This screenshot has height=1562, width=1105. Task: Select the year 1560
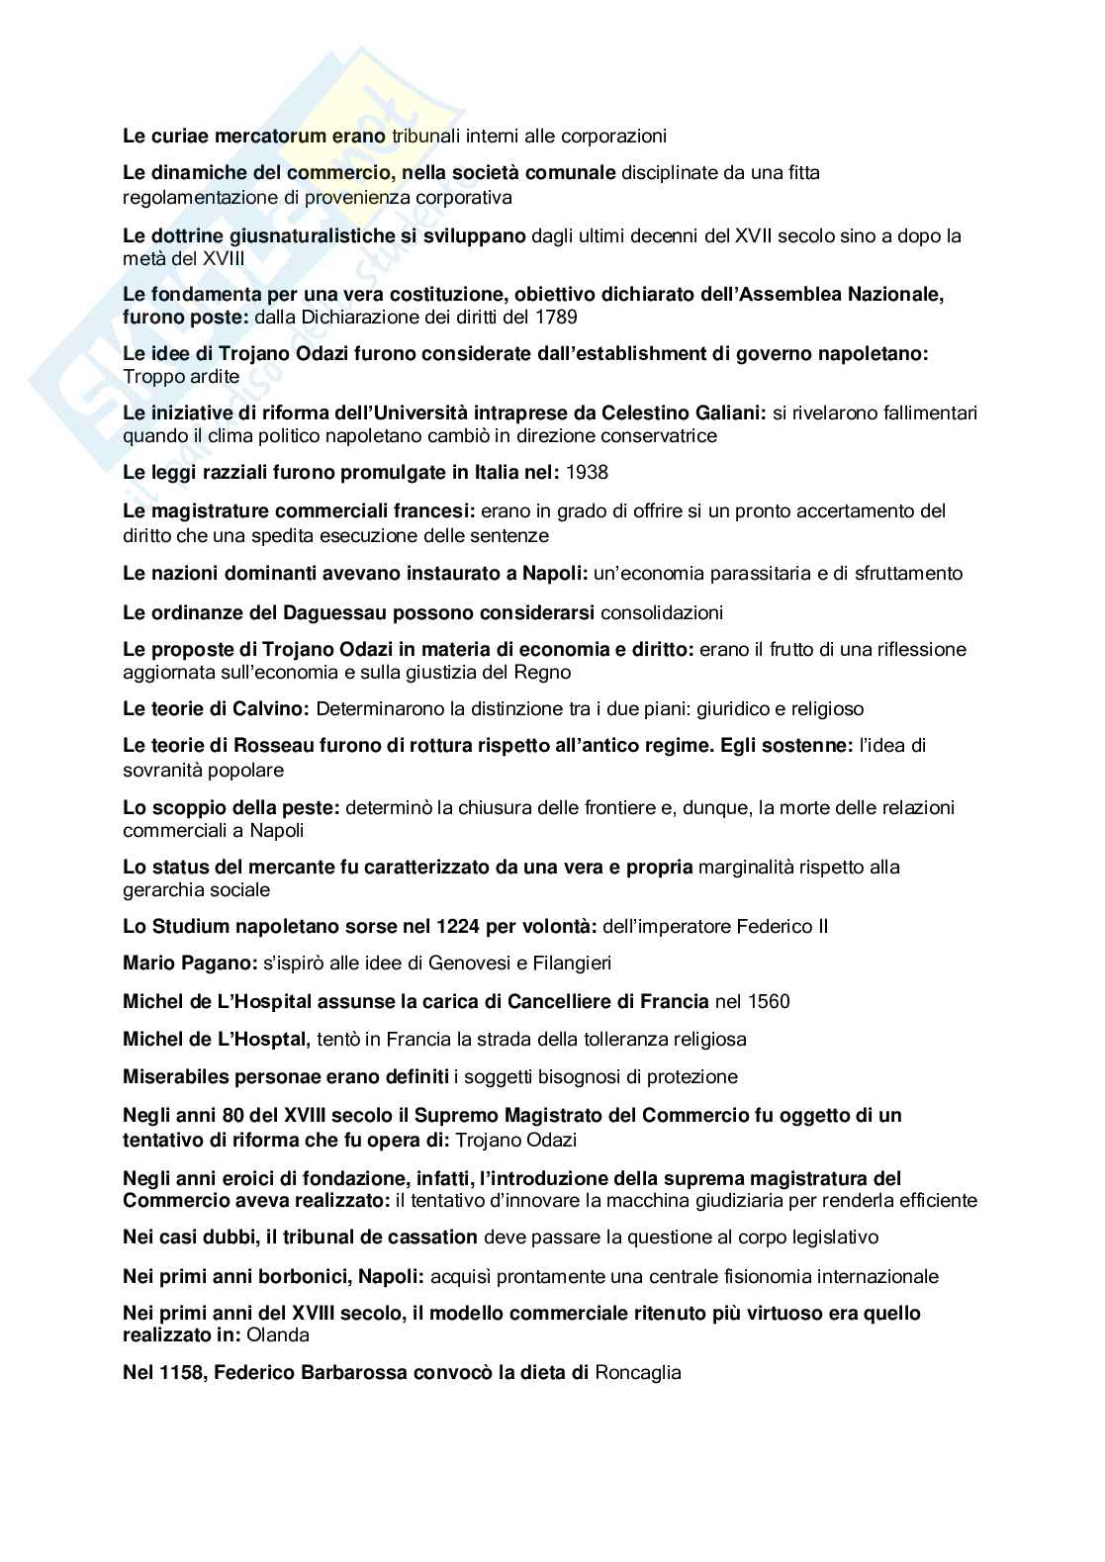[x=769, y=1001]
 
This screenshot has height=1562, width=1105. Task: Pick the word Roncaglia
[x=638, y=1372]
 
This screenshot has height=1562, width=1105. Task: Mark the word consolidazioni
[x=662, y=612]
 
